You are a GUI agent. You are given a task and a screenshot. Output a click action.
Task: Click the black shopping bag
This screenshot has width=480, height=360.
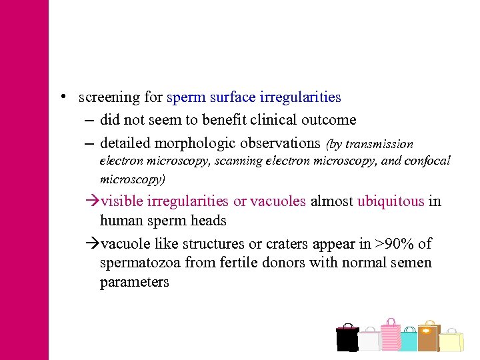[347, 339]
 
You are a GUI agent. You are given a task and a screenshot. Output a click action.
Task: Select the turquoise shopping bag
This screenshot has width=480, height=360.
[409, 341]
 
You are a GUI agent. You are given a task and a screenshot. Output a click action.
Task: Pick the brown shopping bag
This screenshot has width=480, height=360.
[428, 337]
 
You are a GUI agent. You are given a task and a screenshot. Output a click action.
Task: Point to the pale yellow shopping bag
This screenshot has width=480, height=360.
[451, 341]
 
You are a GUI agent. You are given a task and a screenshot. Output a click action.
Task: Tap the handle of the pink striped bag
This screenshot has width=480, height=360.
[390, 321]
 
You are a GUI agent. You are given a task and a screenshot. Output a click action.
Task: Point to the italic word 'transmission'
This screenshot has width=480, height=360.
[379, 144]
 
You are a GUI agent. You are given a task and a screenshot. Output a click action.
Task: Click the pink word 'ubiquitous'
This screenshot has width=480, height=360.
[391, 201]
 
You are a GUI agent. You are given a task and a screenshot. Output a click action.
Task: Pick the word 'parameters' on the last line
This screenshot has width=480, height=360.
[135, 282]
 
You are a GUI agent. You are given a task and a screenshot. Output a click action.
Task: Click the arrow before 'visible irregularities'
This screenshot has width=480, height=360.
[93, 201]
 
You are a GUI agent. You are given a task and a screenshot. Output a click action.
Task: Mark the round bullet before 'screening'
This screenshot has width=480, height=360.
[61, 97]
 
